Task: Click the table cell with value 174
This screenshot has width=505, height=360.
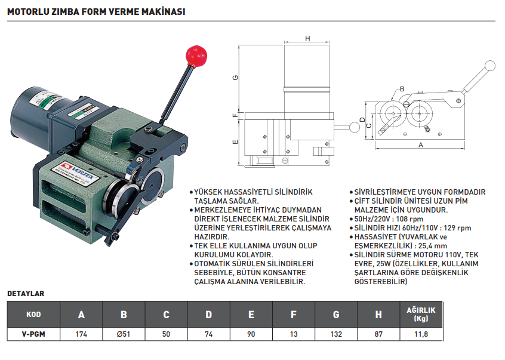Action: pyautogui.click(x=81, y=334)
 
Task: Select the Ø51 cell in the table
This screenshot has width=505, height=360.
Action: pyautogui.click(x=124, y=334)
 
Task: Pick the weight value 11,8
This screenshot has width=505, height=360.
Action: pyautogui.click(x=421, y=334)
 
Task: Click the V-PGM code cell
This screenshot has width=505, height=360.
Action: pyautogui.click(x=34, y=334)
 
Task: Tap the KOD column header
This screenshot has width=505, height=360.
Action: pyautogui.click(x=34, y=315)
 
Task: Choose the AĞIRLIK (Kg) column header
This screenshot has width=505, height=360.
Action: pyautogui.click(x=421, y=314)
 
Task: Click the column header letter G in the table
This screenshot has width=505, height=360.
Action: pyautogui.click(x=336, y=315)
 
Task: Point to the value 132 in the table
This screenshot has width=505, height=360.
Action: pyautogui.click(x=336, y=334)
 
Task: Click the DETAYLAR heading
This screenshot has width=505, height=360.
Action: pyautogui.click(x=25, y=294)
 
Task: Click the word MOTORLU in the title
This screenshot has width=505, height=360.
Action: pyautogui.click(x=29, y=11)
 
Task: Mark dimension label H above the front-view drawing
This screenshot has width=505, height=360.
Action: pyautogui.click(x=307, y=39)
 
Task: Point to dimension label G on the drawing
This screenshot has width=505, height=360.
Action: pyautogui.click(x=236, y=78)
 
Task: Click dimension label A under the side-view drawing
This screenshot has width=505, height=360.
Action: pyautogui.click(x=421, y=145)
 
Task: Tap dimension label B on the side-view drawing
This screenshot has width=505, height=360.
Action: pyautogui.click(x=402, y=89)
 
